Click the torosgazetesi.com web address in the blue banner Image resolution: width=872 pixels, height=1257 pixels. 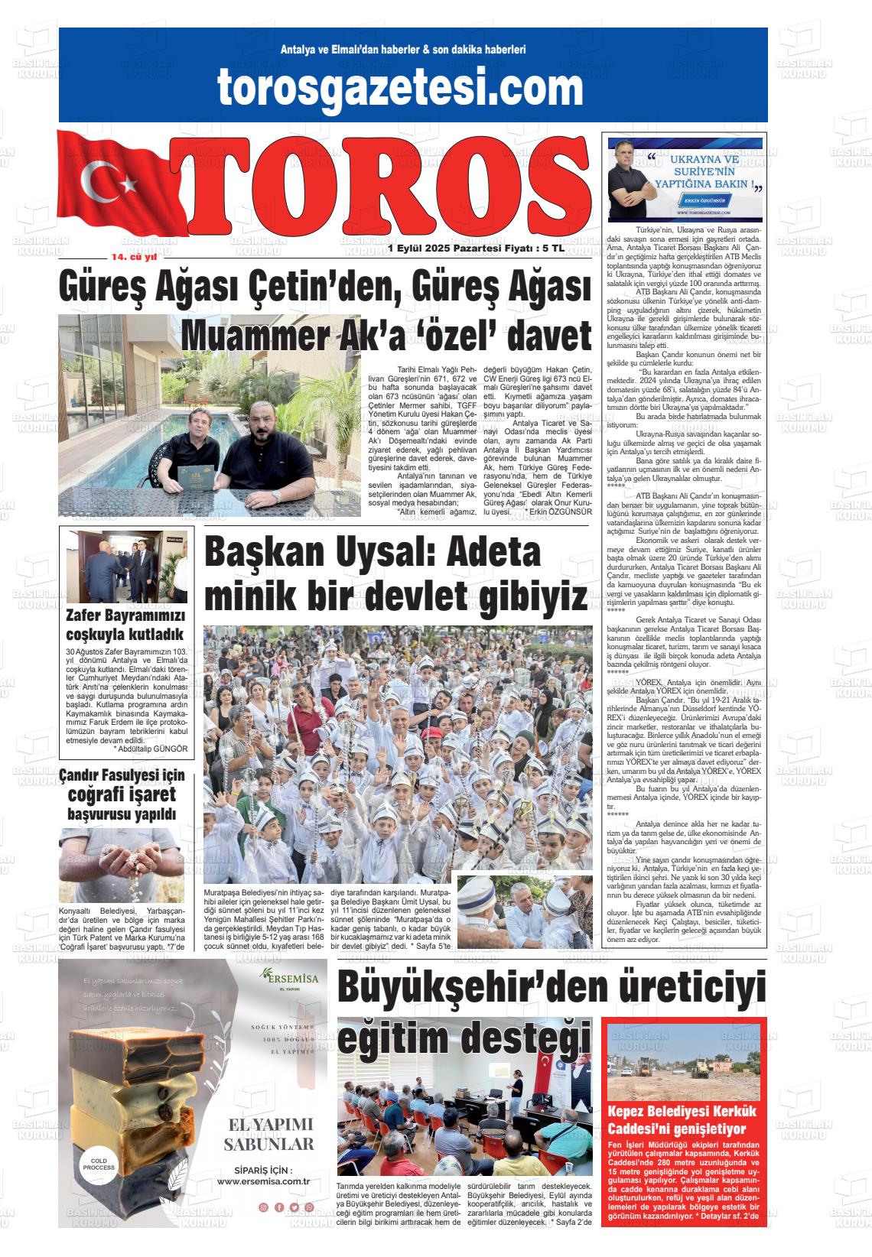point(400,86)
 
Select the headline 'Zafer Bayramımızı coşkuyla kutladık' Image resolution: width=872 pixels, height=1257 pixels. point(125,625)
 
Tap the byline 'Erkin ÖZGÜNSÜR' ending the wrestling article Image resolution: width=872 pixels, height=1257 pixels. point(559,511)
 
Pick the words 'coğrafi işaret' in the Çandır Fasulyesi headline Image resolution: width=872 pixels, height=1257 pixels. point(122,794)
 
